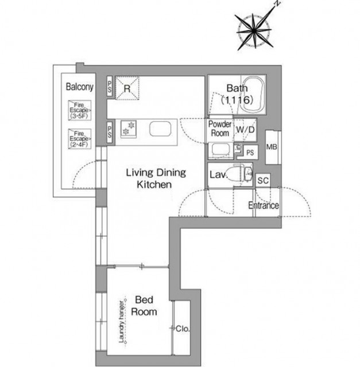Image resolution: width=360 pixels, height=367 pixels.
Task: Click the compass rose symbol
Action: (255, 30)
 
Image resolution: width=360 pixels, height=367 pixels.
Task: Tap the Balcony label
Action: (79, 87)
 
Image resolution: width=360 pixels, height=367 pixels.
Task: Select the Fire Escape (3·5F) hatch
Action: (80, 110)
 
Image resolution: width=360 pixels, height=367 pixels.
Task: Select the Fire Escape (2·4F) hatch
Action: (80, 139)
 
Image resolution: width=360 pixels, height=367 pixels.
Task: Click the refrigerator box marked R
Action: (127, 88)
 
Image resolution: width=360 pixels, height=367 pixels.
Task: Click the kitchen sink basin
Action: (160, 128)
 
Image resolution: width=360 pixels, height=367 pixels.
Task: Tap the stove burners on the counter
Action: (129, 129)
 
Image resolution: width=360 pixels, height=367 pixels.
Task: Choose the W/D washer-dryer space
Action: (245, 130)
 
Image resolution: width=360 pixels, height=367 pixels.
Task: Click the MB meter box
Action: (272, 147)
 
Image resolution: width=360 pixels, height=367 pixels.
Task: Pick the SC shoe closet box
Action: (263, 180)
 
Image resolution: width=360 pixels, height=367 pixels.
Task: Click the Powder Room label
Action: (220, 128)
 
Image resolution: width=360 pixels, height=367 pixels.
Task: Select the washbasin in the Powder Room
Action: (220, 150)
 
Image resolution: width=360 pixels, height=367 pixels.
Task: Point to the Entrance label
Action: (264, 205)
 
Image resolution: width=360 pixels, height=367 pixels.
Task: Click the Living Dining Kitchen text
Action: (156, 178)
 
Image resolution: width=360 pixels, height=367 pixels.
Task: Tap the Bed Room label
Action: (144, 306)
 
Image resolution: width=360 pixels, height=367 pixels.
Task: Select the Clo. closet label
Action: (183, 329)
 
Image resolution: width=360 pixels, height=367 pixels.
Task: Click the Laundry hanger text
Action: (121, 321)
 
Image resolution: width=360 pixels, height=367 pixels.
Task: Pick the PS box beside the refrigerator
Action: (110, 86)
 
